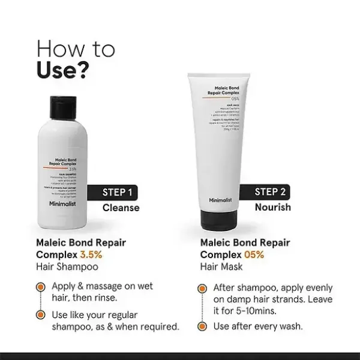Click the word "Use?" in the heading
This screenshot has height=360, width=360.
point(64,69)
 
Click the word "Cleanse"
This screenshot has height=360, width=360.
point(121,208)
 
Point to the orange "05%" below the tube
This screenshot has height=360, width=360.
point(253,254)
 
